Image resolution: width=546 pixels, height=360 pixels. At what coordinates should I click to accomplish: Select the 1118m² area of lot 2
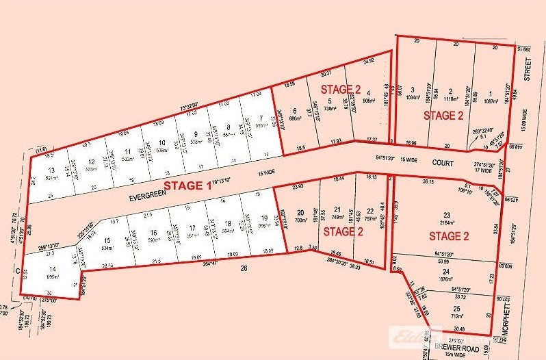click(450, 99)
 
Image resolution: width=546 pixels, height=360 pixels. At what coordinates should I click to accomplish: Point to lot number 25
click(456, 308)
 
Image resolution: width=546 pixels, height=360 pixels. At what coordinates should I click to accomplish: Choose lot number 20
click(299, 212)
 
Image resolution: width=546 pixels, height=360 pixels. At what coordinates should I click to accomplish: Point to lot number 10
click(162, 142)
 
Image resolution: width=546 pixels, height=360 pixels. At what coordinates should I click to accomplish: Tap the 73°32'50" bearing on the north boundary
click(179, 107)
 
